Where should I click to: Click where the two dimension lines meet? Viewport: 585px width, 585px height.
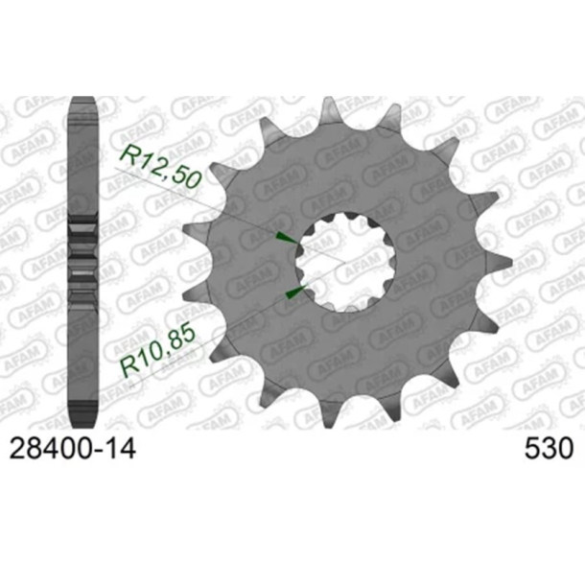(336, 265)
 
